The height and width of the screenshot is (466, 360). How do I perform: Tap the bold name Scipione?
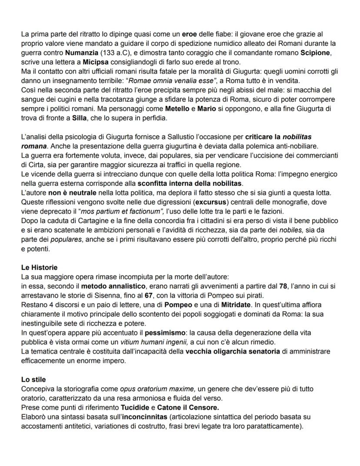point(316,53)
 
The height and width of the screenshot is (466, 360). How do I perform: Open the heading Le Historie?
point(39,267)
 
